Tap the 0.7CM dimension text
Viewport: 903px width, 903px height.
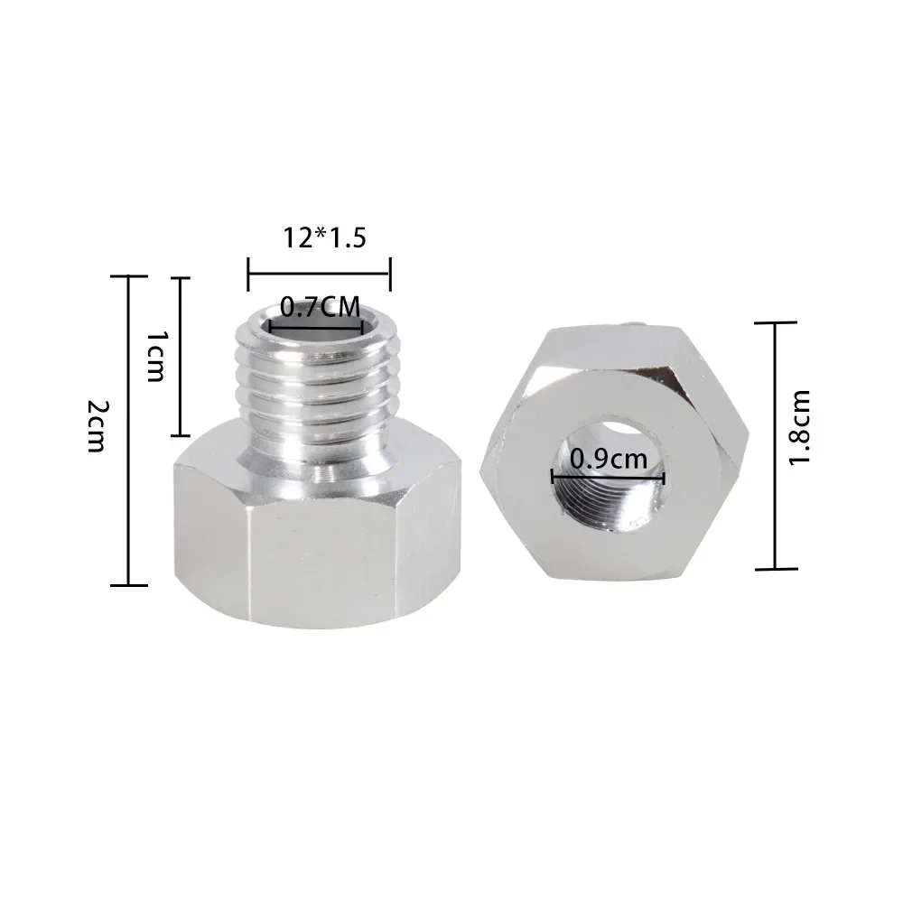pyautogui.click(x=317, y=308)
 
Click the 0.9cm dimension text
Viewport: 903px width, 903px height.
pyautogui.click(x=607, y=459)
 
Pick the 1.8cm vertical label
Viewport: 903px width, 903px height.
pyautogui.click(x=799, y=427)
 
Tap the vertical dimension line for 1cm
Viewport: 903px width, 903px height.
pyautogui.click(x=182, y=357)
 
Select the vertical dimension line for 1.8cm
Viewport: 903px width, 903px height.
pyautogui.click(x=775, y=445)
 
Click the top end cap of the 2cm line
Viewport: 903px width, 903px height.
pyautogui.click(x=129, y=277)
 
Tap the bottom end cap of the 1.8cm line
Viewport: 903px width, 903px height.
pyautogui.click(x=775, y=569)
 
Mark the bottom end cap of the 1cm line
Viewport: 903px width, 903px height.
pyautogui.click(x=182, y=435)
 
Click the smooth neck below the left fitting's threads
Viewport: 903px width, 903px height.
pyautogui.click(x=316, y=451)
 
